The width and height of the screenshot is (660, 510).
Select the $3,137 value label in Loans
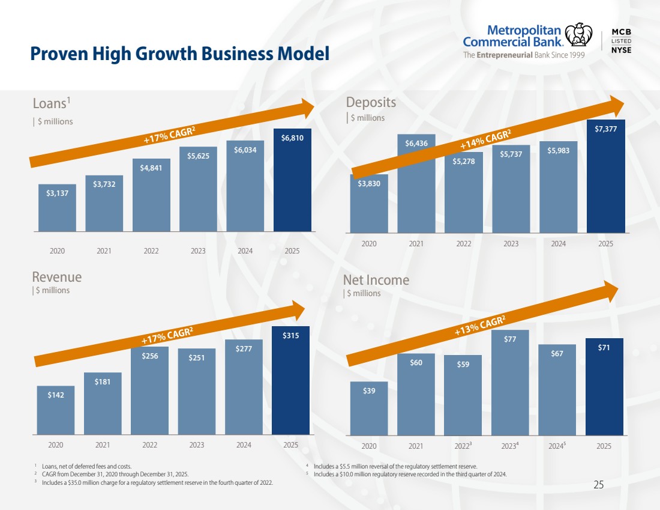coord(57,193)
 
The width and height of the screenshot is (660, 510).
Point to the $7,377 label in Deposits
coord(606,129)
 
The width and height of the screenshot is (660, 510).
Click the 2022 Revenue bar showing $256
coord(149,396)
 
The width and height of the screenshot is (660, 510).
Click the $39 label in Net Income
coord(369,391)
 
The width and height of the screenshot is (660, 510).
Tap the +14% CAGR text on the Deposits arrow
coord(485,141)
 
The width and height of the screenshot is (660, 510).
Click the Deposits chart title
coord(371,103)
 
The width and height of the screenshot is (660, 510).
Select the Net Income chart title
coord(376,280)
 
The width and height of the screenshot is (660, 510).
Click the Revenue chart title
coord(56,277)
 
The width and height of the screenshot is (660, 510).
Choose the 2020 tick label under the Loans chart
coord(57,250)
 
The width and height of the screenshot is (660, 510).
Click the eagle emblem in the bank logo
coord(578,35)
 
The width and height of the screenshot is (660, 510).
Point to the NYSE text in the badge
coord(621,50)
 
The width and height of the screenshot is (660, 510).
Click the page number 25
coord(598,485)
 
